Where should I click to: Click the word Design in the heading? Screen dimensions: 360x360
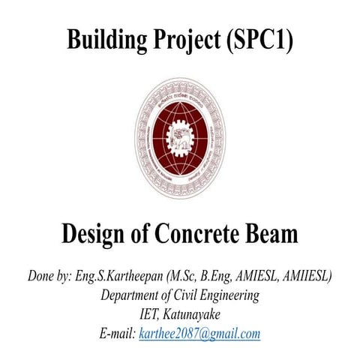coord(94,235)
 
